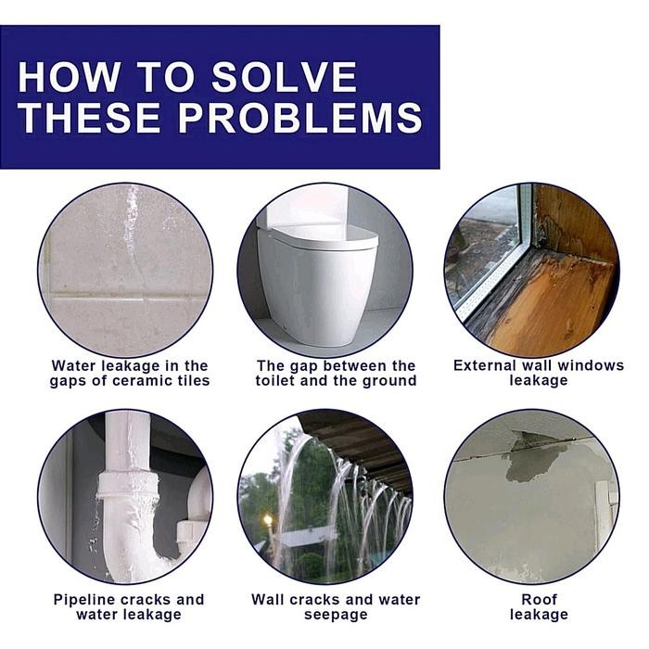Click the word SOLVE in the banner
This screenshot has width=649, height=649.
284,77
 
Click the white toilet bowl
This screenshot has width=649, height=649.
317,286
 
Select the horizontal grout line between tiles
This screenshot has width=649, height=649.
126,298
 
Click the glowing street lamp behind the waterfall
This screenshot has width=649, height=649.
268,520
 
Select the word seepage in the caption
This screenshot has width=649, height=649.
336,615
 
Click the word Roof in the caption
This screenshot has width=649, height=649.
539,599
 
